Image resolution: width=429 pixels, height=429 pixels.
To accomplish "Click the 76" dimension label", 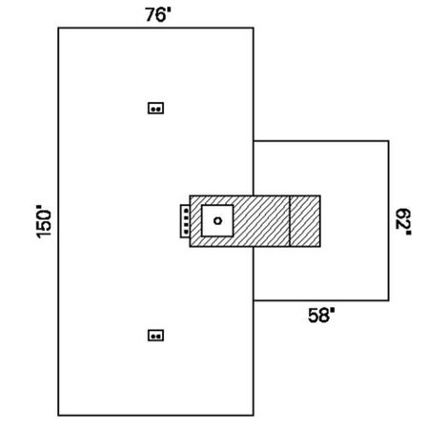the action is tap(158, 14).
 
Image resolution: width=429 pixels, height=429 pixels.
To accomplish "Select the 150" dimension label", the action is tap(44, 222).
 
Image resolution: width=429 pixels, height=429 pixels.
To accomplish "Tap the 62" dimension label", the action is tap(403, 221).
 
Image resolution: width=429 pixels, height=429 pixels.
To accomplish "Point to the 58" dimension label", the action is tap(321, 316).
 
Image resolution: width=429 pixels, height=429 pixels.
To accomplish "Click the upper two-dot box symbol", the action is tap(155, 108).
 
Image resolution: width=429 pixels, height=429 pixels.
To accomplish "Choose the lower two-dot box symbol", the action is tap(155, 336).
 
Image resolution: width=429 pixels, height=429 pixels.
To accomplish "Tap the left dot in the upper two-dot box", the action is tap(153, 110).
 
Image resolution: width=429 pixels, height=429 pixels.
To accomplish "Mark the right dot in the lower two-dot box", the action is tap(158, 337).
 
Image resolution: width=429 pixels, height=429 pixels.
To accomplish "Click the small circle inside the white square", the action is tap(217, 220).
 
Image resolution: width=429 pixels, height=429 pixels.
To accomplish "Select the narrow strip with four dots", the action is tap(185, 221).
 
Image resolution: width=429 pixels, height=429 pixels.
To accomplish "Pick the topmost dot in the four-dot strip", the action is tap(186, 210).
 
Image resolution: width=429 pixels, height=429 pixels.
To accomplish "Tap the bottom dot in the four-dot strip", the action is tap(186, 233).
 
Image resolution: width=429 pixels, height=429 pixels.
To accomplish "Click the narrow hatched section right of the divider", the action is tap(305, 221).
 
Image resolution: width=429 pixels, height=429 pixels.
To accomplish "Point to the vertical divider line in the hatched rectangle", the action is tap(290, 221).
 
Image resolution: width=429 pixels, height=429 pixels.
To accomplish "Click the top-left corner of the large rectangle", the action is tap(58, 29).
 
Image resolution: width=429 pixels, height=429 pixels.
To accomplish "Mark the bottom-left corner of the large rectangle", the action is tap(58, 415).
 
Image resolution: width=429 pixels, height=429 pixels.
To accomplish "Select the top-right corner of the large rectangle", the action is tap(254, 29).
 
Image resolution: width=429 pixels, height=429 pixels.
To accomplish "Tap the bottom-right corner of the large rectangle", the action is tap(254, 415).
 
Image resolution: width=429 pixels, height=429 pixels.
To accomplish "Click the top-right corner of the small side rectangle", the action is tap(388, 141).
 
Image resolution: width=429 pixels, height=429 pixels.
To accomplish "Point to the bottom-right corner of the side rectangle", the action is tap(388, 300).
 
